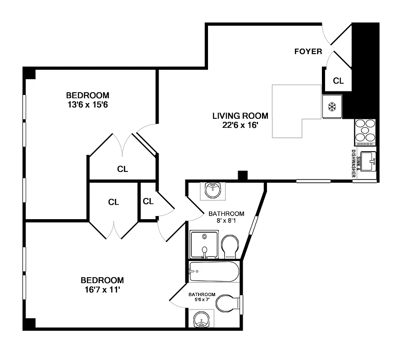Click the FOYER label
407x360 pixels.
(308, 51)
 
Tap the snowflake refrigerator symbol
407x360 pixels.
(332, 107)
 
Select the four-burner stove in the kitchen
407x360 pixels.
(365, 131)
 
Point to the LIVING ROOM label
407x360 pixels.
(240, 116)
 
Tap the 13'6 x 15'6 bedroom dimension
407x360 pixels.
(88, 105)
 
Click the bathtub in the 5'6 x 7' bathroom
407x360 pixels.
(213, 271)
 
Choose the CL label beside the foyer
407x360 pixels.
(338, 81)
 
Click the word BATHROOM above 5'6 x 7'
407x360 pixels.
(202, 294)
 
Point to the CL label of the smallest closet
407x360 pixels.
(148, 202)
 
